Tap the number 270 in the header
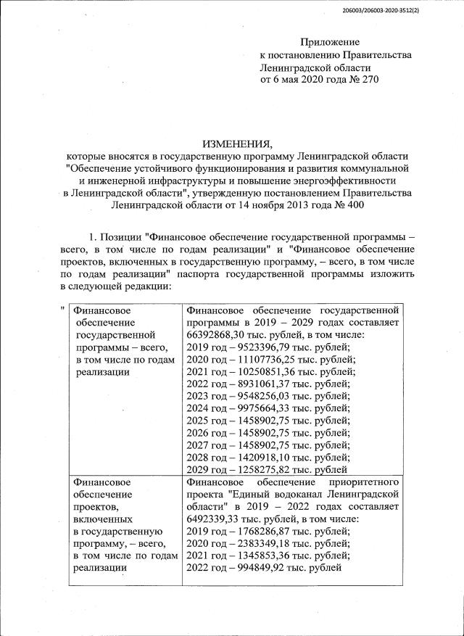click(x=368, y=79)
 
